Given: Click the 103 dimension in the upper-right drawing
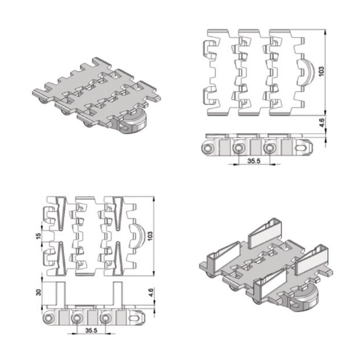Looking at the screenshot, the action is (322, 71).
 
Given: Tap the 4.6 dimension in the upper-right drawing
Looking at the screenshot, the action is (322, 122).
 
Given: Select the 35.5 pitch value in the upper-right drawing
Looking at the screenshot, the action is (254, 161).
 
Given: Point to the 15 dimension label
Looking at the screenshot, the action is (38, 236).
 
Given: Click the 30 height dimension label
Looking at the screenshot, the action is (38, 292).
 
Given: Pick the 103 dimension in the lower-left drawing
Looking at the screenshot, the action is (150, 236).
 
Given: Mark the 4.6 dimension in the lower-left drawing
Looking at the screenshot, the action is (151, 292).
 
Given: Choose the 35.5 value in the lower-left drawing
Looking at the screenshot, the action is (91, 330).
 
